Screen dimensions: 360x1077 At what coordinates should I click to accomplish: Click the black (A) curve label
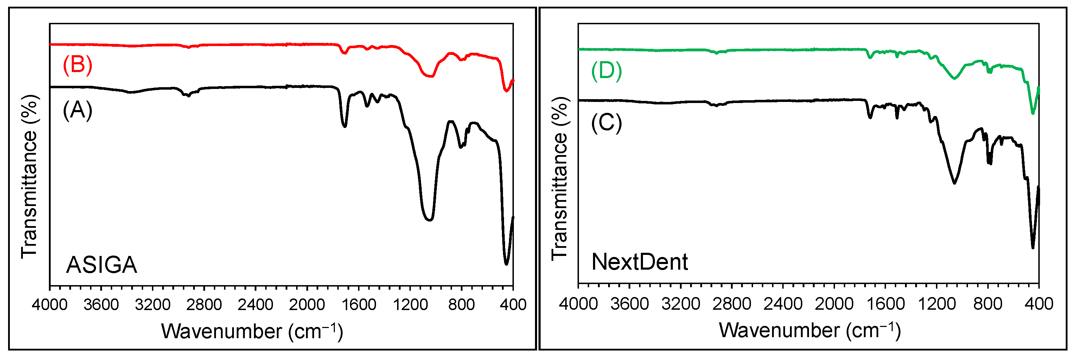click(77, 110)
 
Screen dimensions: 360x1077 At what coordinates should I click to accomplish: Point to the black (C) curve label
click(606, 123)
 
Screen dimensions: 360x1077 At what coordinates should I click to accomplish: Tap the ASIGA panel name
click(102, 265)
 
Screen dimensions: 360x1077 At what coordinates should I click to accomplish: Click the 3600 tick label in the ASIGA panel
click(101, 304)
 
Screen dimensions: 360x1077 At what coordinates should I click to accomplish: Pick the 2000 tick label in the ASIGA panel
click(307, 304)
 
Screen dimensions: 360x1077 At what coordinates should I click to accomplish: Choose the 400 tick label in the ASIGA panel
click(513, 304)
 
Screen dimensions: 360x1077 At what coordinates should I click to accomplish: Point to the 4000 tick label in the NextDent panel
click(578, 303)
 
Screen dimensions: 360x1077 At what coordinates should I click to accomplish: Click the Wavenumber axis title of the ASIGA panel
click(252, 332)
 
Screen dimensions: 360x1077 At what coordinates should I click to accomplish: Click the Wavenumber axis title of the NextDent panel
click(809, 330)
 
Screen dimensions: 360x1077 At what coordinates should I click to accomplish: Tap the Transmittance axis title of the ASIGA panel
click(29, 176)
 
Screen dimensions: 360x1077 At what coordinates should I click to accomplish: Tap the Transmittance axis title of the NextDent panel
click(559, 179)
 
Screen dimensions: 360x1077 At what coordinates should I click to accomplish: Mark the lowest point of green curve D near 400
click(1033, 113)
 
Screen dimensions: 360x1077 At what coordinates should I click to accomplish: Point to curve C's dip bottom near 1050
click(954, 183)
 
